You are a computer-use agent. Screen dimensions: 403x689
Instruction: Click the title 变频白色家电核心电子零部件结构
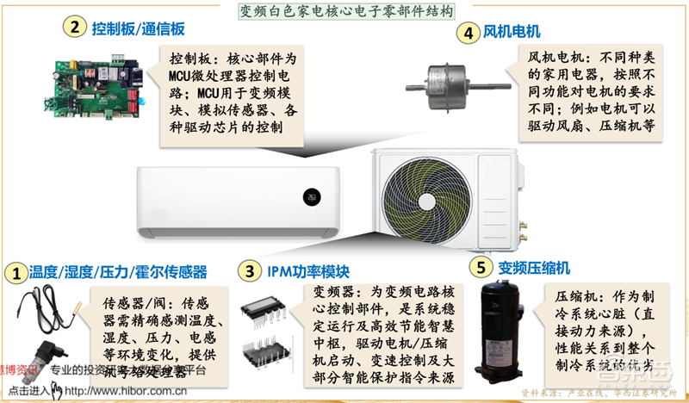pyautogui.click(x=344, y=12)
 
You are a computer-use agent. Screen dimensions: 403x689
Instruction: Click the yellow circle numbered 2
pyautogui.click(x=75, y=27)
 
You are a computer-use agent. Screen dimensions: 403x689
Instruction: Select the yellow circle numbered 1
pyautogui.click(x=15, y=274)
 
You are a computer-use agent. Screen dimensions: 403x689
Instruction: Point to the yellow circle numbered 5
pyautogui.click(x=483, y=268)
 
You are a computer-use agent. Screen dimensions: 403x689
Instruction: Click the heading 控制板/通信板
pyautogui.click(x=134, y=27)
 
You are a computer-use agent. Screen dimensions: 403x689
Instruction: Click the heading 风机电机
pyautogui.click(x=512, y=33)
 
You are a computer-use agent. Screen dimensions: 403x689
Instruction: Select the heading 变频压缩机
pyautogui.click(x=534, y=268)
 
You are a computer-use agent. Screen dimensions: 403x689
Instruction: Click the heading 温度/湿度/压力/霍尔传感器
pyautogui.click(x=118, y=273)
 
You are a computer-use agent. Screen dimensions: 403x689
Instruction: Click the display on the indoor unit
pyautogui.click(x=308, y=196)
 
